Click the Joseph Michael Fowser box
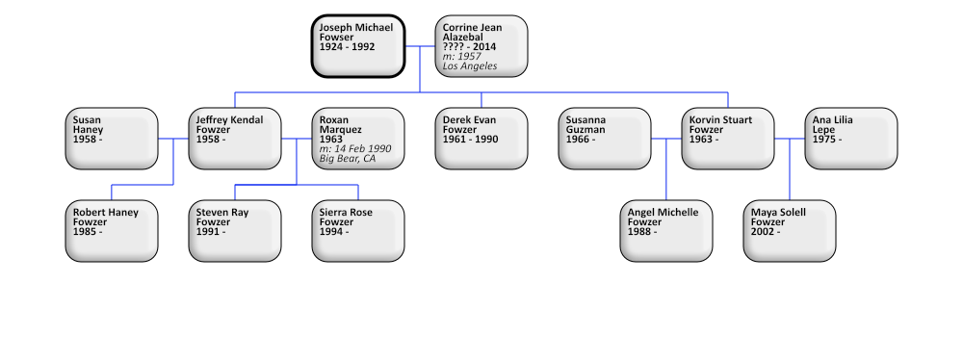point(358,45)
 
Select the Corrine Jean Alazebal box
point(481,45)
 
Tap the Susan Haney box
point(112,138)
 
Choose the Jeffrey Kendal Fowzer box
point(235,138)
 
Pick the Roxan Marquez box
point(358,138)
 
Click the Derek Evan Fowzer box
point(481,138)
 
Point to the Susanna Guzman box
point(605,138)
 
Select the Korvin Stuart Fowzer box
point(728,138)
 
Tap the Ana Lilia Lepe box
point(851,138)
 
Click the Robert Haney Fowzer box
point(112,230)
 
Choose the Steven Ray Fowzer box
point(235,230)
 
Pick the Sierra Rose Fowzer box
point(358,230)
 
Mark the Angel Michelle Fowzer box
point(666,230)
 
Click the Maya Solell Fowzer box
point(790,230)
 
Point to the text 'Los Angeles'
point(470,66)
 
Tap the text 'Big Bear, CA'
point(348,159)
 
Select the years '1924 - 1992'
point(348,47)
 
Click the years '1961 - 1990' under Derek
point(470,140)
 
